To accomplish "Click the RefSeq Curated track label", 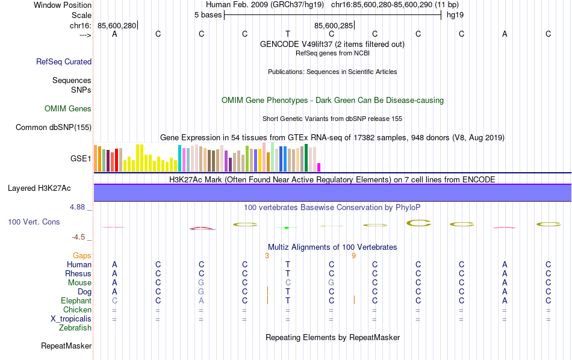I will point(64,61).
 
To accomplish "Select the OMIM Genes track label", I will point(68,109).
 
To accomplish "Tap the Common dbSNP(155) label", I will point(54,127).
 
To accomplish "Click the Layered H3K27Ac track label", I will point(39,188).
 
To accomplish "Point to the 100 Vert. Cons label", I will point(34,222).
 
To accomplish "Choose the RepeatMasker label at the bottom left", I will point(66,346).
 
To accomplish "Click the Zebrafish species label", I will point(75,328).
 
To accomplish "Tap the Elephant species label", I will point(76,301).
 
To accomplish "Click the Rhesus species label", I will point(78,274).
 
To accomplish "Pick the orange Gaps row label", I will point(82,256).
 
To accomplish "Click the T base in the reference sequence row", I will point(288,34).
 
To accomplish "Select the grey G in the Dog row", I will point(202,292).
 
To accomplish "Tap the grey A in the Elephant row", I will point(202,301).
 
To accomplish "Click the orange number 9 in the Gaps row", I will point(354,256).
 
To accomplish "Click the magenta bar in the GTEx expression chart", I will point(319,167).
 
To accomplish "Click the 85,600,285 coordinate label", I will point(333,25).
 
